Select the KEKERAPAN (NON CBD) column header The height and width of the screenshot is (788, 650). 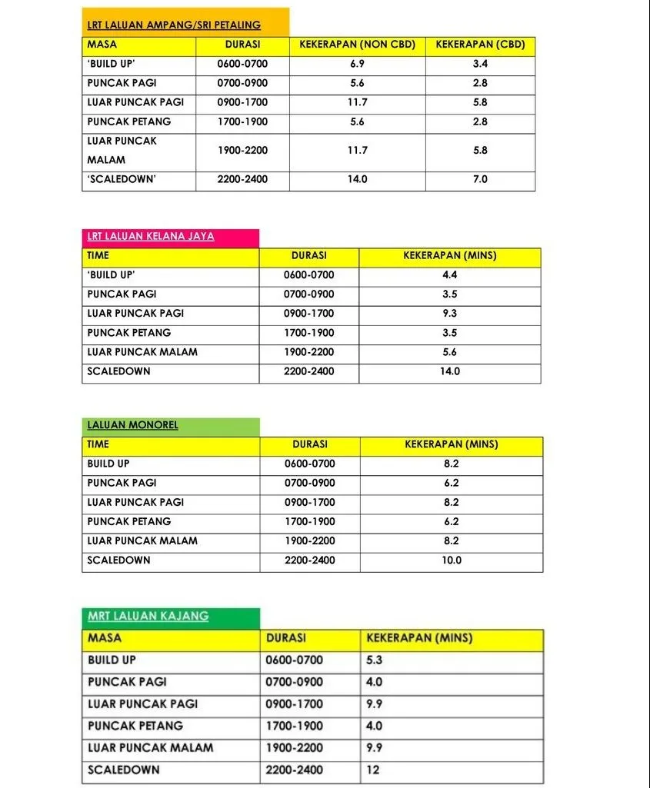coord(357,45)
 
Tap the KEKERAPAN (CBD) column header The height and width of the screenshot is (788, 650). coord(480,45)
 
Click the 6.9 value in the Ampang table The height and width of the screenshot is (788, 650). coord(357,64)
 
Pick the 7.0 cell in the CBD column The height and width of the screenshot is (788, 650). coord(480,179)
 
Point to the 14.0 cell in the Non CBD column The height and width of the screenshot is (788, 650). coord(357,179)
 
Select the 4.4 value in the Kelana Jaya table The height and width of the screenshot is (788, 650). coord(450,275)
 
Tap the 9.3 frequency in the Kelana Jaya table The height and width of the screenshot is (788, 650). coord(450,314)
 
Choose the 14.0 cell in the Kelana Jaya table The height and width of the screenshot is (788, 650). coord(450,371)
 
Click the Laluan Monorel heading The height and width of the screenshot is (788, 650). coord(132,425)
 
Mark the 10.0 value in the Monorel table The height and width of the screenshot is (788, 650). coord(452,560)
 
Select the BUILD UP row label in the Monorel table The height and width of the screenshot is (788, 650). coord(108,464)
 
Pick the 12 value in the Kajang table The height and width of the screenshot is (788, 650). coord(373,770)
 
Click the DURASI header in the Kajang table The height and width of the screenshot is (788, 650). coord(286,638)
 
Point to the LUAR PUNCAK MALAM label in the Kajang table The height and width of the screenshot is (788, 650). coord(151,747)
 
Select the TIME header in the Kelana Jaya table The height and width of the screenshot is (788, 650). coord(98,256)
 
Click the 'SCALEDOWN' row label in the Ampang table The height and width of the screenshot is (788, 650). coord(122,179)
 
